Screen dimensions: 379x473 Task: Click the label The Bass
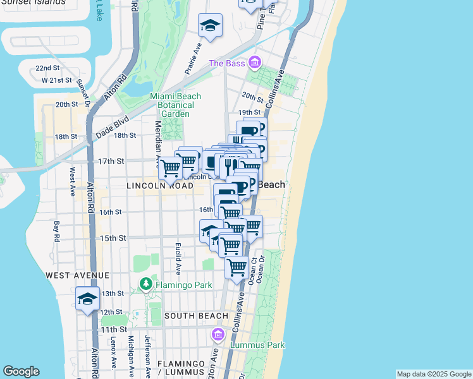click(226, 63)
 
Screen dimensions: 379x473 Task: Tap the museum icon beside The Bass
click(254, 63)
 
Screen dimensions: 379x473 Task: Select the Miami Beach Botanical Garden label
click(175, 105)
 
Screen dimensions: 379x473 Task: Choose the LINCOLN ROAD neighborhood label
click(159, 186)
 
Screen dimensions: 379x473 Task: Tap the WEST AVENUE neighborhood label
click(77, 275)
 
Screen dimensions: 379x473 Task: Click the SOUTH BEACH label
click(196, 315)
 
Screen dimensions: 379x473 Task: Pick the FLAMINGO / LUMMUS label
click(181, 369)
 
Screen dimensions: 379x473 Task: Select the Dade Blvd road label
click(112, 129)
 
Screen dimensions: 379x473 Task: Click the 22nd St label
click(47, 68)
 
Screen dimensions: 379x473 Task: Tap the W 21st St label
click(57, 80)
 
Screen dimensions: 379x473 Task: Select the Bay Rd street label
click(56, 231)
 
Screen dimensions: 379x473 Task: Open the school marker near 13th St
click(88, 299)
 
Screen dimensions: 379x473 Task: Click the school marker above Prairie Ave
click(210, 26)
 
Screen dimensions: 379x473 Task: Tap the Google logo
click(21, 371)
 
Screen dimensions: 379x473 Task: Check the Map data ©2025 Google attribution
click(434, 374)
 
